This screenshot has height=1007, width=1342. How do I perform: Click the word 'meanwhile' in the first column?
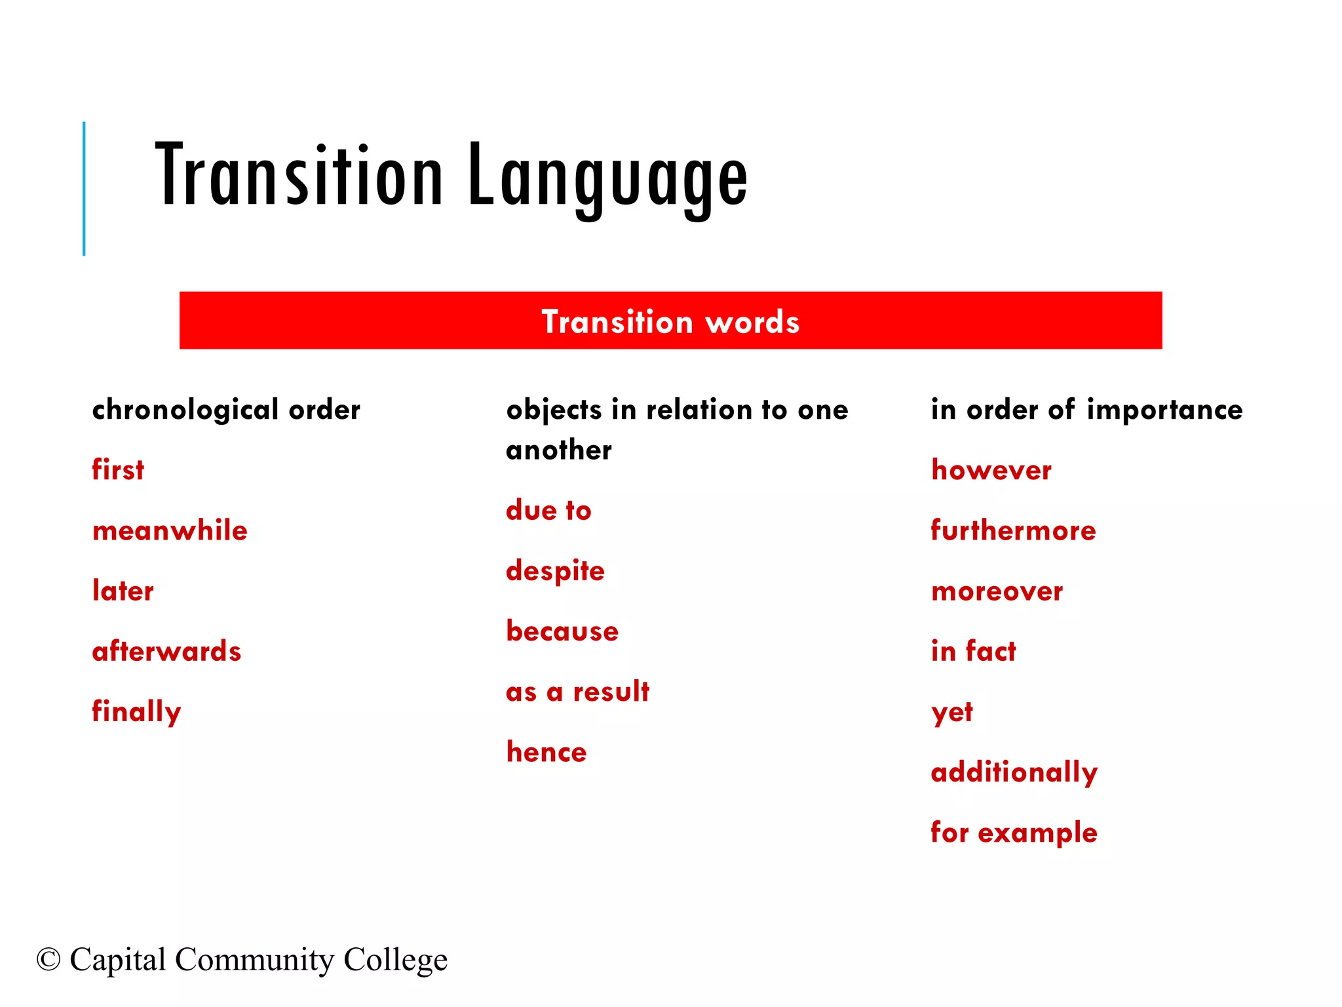170,530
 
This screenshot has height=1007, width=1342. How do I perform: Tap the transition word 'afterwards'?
166,651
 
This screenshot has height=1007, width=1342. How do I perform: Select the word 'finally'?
136,712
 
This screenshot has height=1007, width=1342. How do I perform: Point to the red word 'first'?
118,470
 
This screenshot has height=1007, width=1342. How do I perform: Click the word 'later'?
123,591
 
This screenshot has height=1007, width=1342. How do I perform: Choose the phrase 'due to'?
548,511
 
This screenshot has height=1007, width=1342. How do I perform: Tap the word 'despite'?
555,571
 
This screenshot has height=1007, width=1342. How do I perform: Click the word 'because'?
562,631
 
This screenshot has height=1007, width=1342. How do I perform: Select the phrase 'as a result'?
577,692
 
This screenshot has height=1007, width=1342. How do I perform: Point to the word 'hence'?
546,752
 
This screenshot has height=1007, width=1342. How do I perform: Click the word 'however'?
991,470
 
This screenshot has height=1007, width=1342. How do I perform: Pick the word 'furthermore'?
1013,530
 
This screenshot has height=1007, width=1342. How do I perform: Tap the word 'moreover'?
997,591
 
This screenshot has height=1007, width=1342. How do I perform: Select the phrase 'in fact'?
973,651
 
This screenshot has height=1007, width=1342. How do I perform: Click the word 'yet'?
952,713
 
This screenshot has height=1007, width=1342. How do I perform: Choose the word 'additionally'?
1014,772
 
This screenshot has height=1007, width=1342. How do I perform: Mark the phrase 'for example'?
1014,833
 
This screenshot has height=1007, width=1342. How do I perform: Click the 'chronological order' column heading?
226,410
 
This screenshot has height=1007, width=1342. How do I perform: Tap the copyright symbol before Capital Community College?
48,960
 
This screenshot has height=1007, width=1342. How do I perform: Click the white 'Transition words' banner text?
670,322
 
